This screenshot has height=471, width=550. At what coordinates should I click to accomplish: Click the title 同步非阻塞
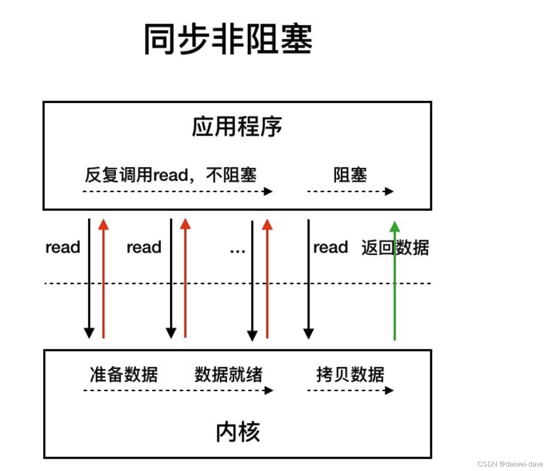click(x=228, y=39)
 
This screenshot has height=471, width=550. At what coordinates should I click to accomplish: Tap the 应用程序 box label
click(x=237, y=126)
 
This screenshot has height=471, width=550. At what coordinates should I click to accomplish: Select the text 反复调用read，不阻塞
click(x=171, y=175)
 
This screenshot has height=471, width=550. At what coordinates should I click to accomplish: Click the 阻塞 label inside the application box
click(x=350, y=175)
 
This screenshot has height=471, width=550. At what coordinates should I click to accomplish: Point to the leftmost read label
click(x=63, y=247)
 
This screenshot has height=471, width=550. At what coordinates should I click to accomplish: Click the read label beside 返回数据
click(x=330, y=247)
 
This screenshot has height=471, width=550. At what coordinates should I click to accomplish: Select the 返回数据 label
click(x=395, y=248)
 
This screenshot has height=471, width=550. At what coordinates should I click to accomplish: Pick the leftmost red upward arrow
click(x=104, y=278)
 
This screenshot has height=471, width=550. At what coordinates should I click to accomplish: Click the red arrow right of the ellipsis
click(x=267, y=278)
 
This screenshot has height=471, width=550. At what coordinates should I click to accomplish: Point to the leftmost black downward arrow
click(x=89, y=278)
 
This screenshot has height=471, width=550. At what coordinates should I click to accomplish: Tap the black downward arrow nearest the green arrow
click(x=309, y=278)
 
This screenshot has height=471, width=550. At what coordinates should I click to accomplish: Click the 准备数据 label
click(x=124, y=374)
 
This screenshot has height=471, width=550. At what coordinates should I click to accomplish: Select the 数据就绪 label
click(x=228, y=374)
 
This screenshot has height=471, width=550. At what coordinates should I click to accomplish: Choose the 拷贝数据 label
click(x=350, y=374)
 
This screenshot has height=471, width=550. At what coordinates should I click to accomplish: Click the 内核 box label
click(x=238, y=432)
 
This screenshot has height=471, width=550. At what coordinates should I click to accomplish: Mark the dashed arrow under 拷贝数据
click(x=350, y=390)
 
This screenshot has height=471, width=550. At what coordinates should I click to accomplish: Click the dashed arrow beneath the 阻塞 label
click(x=350, y=191)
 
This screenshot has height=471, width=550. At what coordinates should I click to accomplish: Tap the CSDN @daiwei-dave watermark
click(x=510, y=464)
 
